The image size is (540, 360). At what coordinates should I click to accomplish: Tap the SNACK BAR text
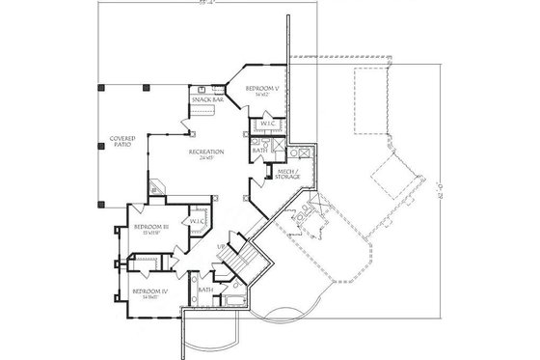206,98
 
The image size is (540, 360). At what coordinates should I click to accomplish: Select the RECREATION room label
205,152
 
